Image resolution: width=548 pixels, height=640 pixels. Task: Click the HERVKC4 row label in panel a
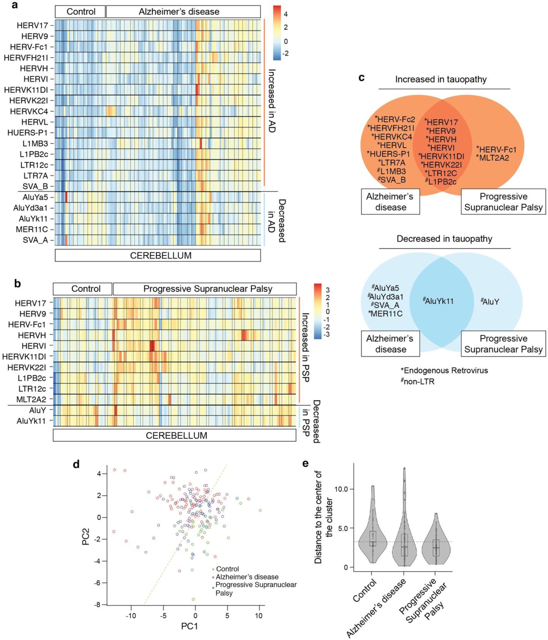tap(29, 111)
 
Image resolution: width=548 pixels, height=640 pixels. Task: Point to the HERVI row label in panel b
tap(34, 346)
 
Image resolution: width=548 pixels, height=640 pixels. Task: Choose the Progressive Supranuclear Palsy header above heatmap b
tap(207, 289)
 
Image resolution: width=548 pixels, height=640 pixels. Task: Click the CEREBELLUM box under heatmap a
tap(161, 255)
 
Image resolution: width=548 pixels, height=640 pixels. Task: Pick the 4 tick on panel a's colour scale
tap(286, 14)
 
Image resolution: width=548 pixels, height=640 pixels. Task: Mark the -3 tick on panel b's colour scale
tap(327, 335)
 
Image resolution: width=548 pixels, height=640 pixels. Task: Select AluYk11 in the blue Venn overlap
tap(439, 301)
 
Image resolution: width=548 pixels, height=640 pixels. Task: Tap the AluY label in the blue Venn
tap(491, 302)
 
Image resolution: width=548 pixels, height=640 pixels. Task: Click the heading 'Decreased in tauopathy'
tap(444, 239)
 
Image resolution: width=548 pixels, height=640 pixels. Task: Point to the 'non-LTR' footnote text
tap(419, 382)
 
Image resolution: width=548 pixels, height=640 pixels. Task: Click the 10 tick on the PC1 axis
tap(258, 616)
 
